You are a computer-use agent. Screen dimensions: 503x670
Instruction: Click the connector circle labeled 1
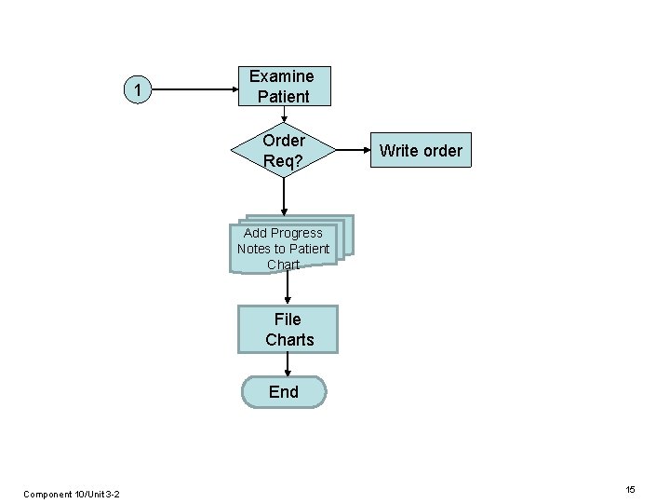click(138, 90)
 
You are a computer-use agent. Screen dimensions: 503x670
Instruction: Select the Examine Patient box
click(283, 86)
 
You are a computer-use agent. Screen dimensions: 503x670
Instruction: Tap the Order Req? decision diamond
click(284, 150)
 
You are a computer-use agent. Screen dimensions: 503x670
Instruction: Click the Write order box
click(421, 150)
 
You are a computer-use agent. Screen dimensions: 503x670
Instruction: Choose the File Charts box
click(288, 330)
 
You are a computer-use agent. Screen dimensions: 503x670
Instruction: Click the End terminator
click(284, 392)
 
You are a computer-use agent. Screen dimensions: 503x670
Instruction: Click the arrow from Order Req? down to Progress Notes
click(284, 197)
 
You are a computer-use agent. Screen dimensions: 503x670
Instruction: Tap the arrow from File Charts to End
click(288, 364)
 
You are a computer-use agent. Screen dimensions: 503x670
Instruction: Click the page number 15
click(630, 490)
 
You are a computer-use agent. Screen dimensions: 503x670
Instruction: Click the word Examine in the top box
click(282, 76)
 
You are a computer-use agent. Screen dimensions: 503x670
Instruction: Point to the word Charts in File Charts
click(289, 340)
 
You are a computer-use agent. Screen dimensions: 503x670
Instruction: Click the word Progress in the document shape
click(298, 233)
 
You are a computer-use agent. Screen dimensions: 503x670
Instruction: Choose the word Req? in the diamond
click(283, 160)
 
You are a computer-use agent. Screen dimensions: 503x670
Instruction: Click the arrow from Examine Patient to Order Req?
click(284, 115)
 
